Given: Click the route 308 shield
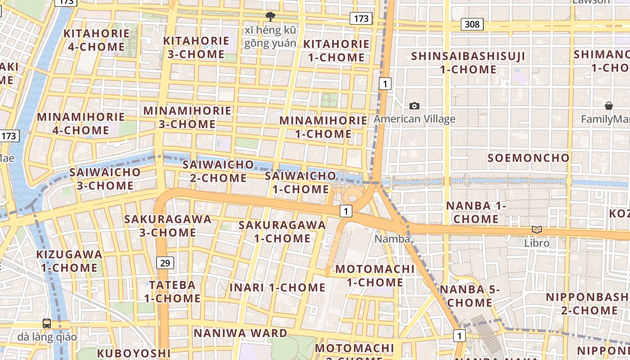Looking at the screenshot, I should point(472,24).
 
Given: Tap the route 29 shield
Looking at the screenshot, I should point(166,263).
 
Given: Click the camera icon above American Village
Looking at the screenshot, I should point(414,106).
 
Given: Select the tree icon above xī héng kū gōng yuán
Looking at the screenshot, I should point(270,17).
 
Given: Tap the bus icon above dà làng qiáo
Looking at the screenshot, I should point(47,323).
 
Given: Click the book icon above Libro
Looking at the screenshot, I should point(536,229).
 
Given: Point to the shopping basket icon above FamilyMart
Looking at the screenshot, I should point(608,106).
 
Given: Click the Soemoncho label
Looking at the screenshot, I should point(529,158).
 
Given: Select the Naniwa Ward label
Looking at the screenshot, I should point(240,333).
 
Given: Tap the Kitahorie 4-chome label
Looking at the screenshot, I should point(96,40).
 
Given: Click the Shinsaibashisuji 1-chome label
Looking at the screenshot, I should point(468,63).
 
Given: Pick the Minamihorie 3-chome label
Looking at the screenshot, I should point(187,117).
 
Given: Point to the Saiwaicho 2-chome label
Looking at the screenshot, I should point(218,171).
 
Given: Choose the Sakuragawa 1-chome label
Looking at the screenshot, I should point(282,231).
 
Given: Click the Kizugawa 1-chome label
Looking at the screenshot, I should point(69,261).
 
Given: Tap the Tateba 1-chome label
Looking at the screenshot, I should point(172,291).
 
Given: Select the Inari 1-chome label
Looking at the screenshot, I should point(277,288).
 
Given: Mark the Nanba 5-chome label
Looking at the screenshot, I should point(470,296).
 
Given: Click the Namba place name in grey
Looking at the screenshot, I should point(392,239).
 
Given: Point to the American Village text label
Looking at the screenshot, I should point(414,119).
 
